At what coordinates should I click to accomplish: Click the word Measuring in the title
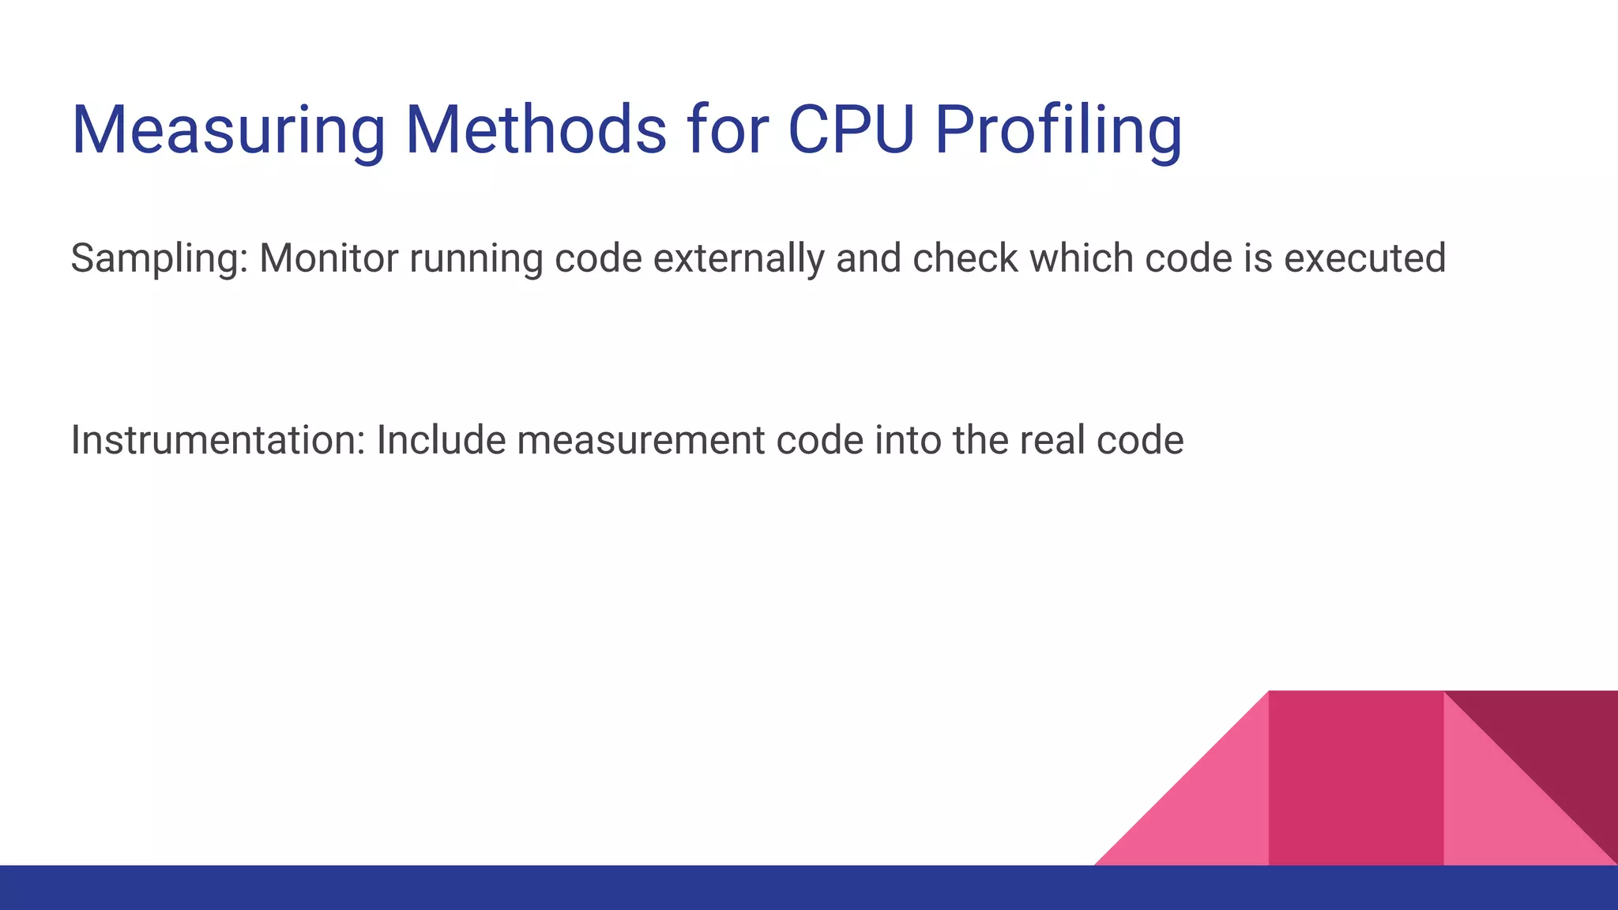pyautogui.click(x=228, y=130)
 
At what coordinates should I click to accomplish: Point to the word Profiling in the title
pyautogui.click(x=1058, y=130)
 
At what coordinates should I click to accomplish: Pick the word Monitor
pyautogui.click(x=329, y=258)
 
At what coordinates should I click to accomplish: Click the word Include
pyautogui.click(x=441, y=440)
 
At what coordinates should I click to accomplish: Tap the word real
pyautogui.click(x=1052, y=440)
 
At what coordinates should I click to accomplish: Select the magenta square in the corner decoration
pyautogui.click(x=1356, y=778)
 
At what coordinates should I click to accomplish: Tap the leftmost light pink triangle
pyautogui.click(x=1209, y=814)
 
